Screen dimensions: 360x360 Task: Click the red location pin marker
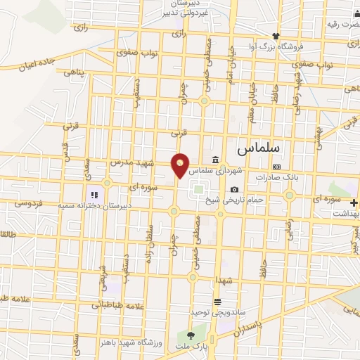tap(181, 165)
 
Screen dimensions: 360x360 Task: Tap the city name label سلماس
tap(259, 149)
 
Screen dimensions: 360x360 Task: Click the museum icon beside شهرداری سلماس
tap(216, 159)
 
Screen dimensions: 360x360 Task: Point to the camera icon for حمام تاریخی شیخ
tap(234, 189)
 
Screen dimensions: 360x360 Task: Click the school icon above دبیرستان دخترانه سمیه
tap(92, 195)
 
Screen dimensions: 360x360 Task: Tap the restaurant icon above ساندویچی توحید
tap(226, 301)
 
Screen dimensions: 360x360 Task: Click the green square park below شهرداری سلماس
tap(199, 188)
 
